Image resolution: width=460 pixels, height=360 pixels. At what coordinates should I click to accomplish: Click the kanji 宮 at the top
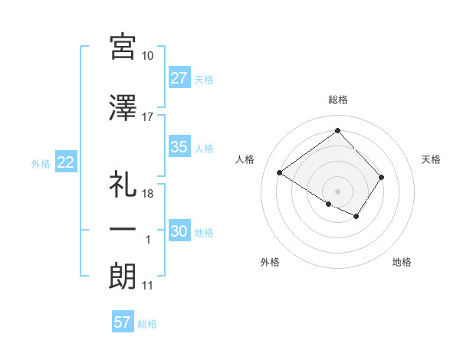coord(123,47)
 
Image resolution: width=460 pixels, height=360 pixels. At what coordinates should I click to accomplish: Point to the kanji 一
coord(123,230)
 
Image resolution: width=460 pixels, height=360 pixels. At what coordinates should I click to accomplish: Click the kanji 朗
coord(123,276)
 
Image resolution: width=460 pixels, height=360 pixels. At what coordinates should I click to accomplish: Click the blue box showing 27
coord(179,79)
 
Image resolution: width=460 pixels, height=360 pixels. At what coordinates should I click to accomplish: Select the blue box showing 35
coord(179,148)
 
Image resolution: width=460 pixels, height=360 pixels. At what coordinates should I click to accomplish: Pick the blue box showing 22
coord(65,162)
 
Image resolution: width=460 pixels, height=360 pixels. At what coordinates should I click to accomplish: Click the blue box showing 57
coord(123,322)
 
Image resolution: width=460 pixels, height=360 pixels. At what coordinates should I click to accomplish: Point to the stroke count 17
coord(148,117)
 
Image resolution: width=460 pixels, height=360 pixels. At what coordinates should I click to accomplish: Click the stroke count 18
coord(148,194)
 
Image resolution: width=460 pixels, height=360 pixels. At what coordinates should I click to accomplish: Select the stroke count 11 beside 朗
coord(148,286)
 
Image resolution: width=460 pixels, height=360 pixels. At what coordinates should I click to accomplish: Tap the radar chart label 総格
coord(337,100)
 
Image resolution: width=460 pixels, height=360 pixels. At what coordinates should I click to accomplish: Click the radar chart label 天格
coord(432,159)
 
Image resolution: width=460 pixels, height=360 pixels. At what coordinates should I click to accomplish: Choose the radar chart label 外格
coord(270,262)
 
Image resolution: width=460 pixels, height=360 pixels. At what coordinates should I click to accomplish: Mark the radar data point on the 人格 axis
coord(280,172)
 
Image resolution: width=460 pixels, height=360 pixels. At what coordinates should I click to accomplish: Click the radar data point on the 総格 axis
coord(337,130)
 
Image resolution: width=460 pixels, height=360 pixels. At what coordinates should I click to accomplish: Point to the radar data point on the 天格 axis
coord(381,177)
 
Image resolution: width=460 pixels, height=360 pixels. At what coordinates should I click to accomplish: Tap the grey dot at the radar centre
coord(337,191)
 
